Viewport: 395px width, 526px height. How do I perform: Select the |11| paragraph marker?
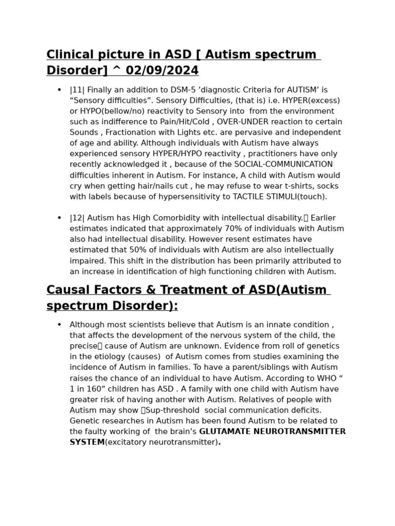[77, 90]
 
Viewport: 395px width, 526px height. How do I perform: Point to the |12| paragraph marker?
[77, 218]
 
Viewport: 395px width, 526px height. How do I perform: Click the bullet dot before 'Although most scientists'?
[60, 325]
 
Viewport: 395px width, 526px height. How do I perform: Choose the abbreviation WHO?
[322, 378]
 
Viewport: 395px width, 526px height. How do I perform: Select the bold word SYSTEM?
[87, 442]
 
